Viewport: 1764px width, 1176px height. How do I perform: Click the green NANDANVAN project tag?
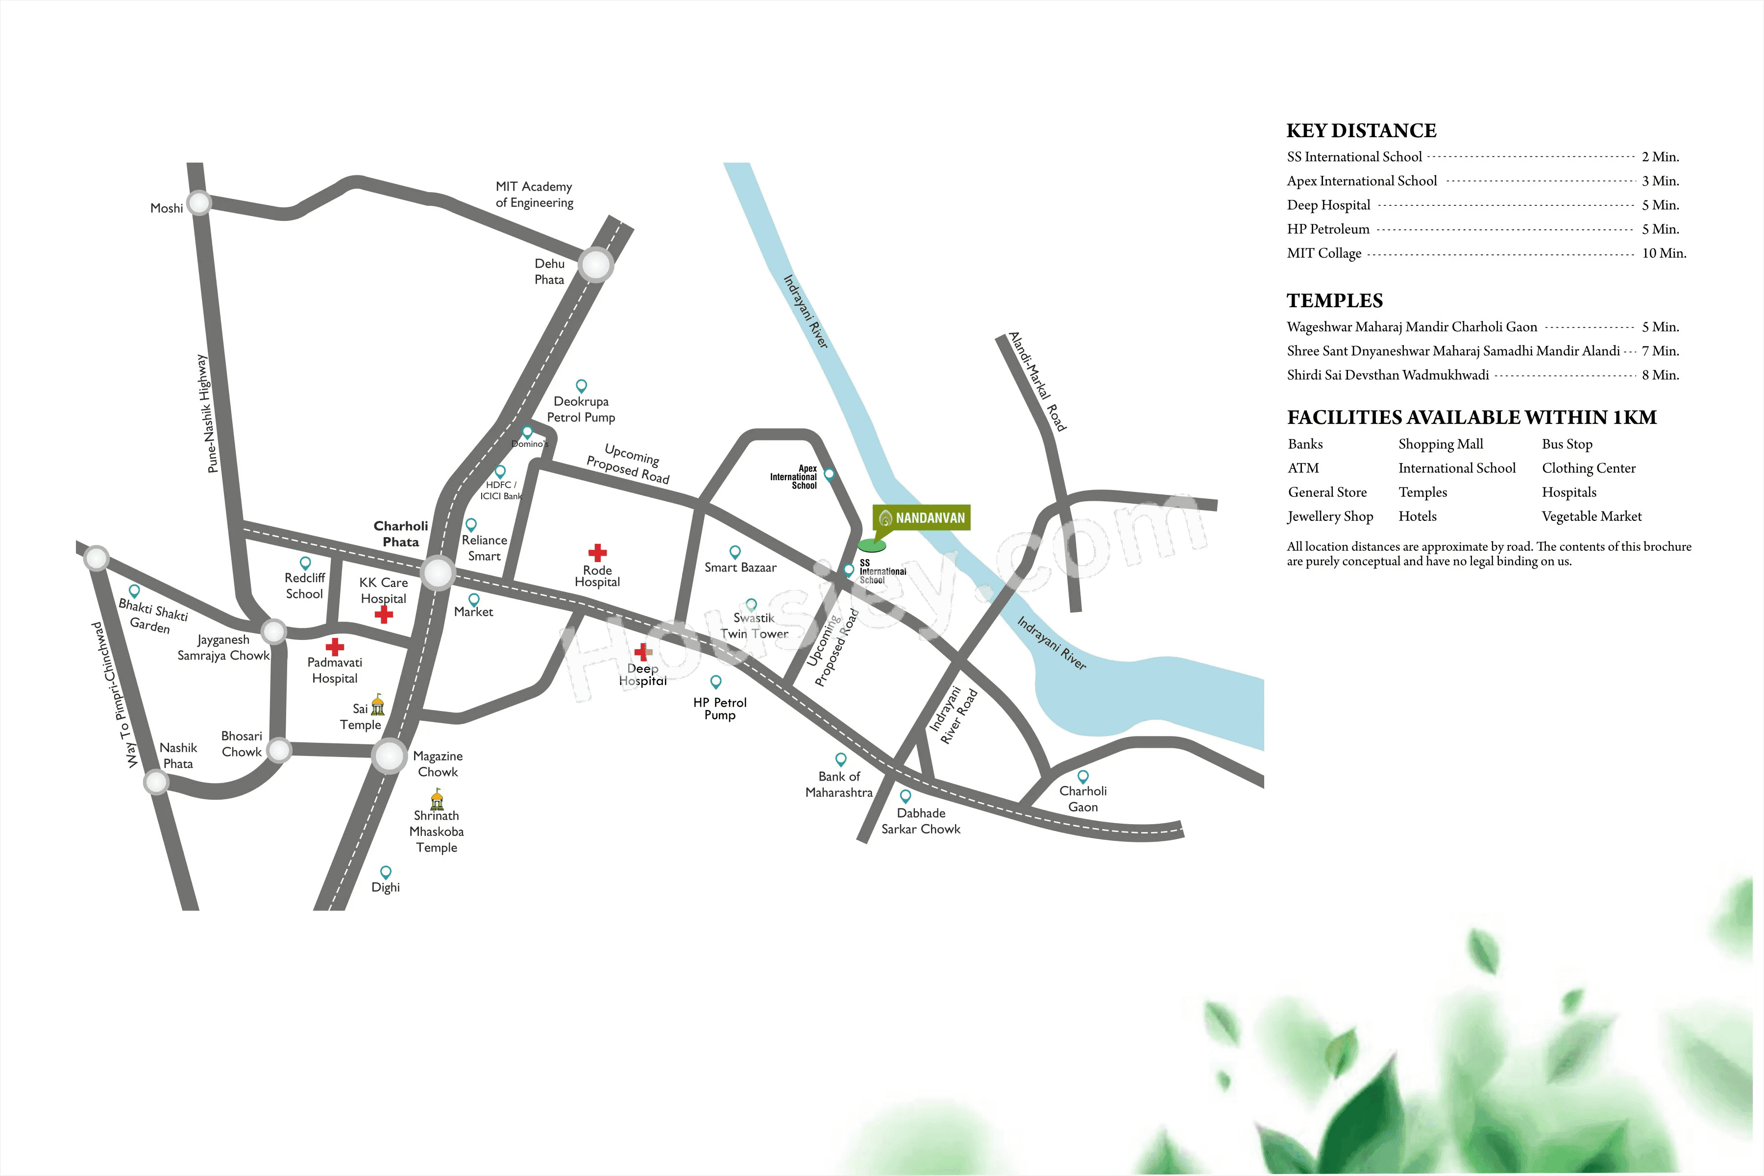[x=922, y=517]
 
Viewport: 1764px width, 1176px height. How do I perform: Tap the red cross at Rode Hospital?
[x=597, y=553]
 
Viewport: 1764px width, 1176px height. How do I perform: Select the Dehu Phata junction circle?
[x=595, y=265]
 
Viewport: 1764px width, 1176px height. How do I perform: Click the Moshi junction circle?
[x=199, y=202]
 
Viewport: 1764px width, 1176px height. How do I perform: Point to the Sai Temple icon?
[x=378, y=705]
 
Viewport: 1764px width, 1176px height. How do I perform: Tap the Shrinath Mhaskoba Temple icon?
[x=437, y=800]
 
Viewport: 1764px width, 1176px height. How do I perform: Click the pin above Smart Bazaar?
[x=735, y=552]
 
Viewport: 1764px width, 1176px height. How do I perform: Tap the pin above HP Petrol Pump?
[x=715, y=681]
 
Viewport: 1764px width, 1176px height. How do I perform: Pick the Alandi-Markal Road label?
[x=1037, y=381]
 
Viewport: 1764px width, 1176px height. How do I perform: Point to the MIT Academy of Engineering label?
[x=534, y=194]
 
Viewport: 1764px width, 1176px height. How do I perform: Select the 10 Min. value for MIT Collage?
[x=1664, y=253]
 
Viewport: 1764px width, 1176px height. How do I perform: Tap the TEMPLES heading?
[x=1334, y=301]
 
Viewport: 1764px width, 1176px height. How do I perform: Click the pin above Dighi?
[x=386, y=872]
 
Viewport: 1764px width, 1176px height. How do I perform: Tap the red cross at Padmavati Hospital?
[x=335, y=646]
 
